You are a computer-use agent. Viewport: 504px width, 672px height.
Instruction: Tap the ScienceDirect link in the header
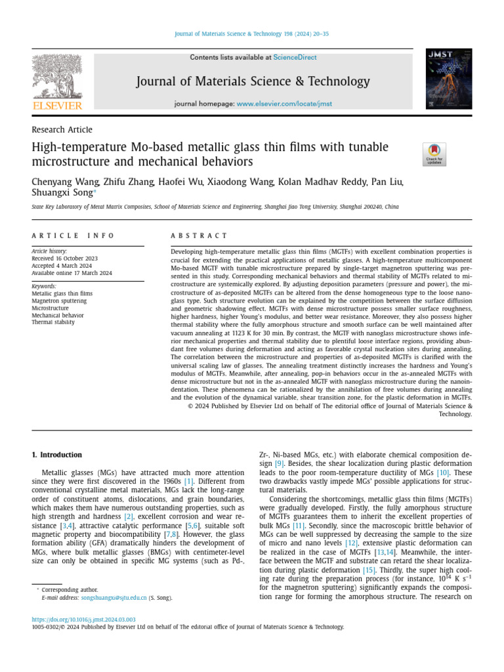click(295, 58)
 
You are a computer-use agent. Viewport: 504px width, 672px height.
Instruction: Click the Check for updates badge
click(434, 154)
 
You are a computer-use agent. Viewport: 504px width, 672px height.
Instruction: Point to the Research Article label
click(62, 130)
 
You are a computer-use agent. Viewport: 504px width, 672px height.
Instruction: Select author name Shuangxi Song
click(62, 193)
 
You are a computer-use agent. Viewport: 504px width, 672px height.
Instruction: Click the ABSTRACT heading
click(199, 236)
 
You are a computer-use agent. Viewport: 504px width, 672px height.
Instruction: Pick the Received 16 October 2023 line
click(64, 259)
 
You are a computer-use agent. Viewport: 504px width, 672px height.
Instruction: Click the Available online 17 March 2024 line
click(72, 273)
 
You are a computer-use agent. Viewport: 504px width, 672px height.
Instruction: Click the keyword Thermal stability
click(53, 322)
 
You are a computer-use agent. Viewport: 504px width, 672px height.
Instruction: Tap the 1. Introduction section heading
click(57, 455)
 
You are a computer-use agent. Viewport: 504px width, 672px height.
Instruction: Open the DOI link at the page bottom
click(84, 619)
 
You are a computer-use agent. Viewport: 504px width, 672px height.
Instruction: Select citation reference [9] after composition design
click(279, 463)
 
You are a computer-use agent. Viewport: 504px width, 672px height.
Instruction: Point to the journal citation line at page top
click(252, 34)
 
